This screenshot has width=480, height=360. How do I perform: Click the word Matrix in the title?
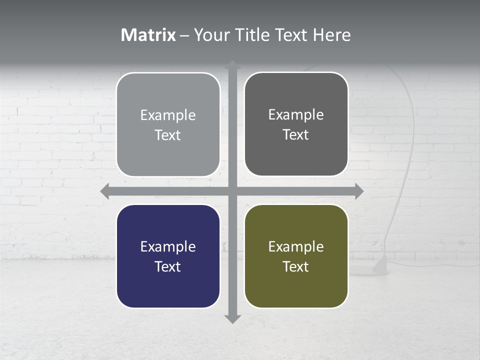(x=148, y=35)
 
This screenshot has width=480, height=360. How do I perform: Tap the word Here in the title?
(x=331, y=35)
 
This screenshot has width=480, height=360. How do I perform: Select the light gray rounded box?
(x=168, y=124)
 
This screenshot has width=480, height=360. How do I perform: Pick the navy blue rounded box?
(x=168, y=256)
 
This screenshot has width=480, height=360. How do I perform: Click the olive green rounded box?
(x=296, y=256)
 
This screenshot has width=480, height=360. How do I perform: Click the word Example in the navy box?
(x=168, y=246)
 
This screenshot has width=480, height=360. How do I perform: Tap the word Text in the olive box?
(x=296, y=266)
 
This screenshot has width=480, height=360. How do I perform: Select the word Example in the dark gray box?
(x=296, y=114)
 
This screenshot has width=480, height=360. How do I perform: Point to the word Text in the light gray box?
(x=168, y=135)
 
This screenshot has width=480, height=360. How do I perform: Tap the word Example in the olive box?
(x=296, y=246)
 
